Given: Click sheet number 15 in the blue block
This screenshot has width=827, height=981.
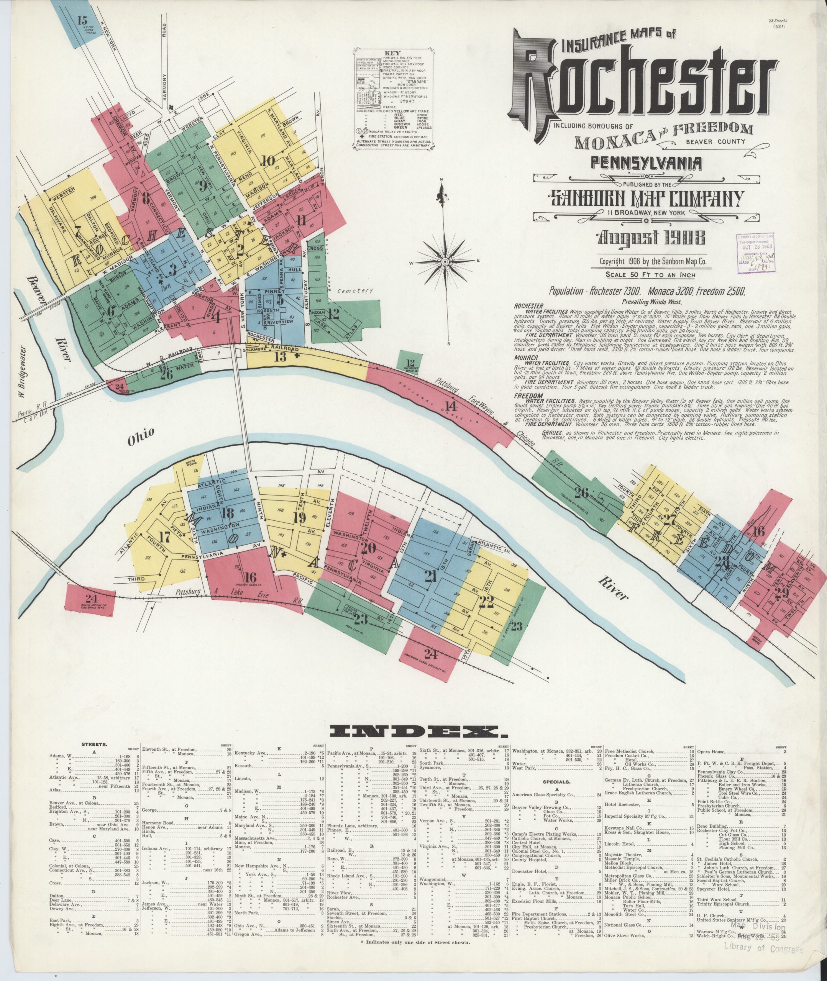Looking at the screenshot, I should tap(82, 20).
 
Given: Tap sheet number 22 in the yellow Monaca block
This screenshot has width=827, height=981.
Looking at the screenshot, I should tap(487, 602).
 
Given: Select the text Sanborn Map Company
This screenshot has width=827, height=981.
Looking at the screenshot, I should tap(647, 199).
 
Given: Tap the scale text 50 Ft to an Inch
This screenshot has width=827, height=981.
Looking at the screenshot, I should tap(650, 275).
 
